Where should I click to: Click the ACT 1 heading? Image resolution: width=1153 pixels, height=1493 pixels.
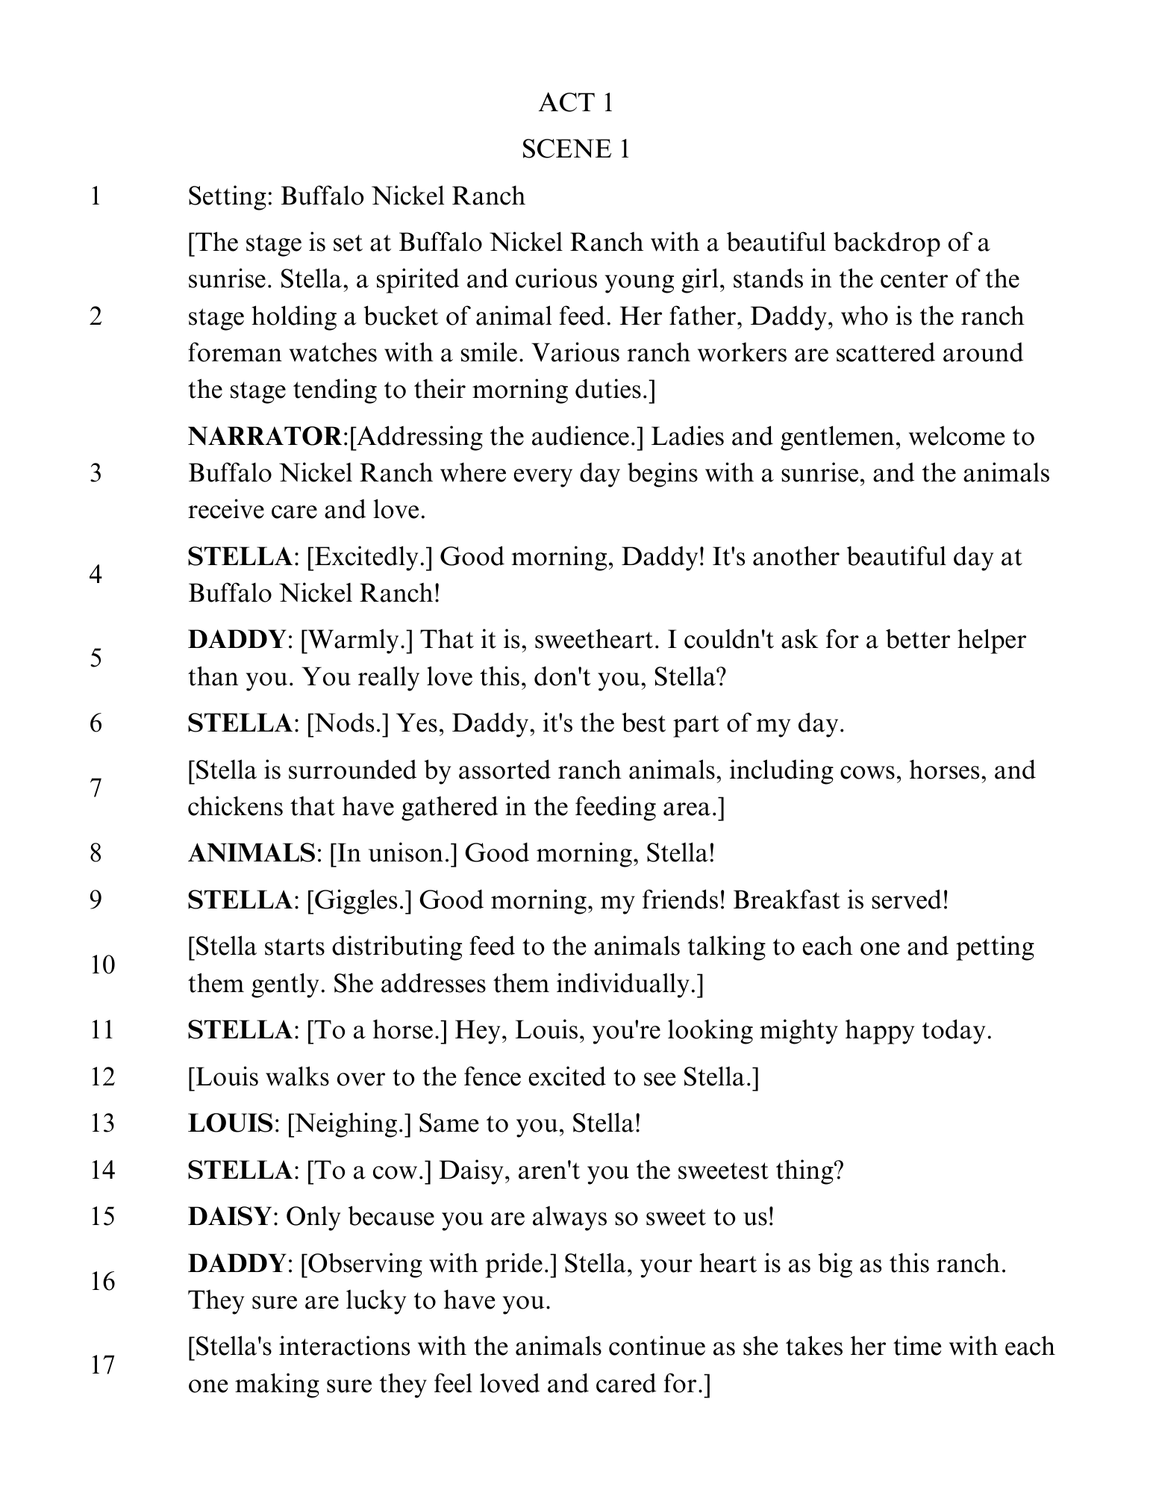click(x=575, y=103)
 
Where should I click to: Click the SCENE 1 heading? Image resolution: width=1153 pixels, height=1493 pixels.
click(x=575, y=149)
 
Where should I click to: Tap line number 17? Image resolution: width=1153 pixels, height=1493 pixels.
click(x=102, y=1365)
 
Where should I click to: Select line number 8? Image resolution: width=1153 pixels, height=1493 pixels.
click(x=96, y=853)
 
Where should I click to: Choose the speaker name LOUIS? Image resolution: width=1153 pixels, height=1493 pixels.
click(x=230, y=1123)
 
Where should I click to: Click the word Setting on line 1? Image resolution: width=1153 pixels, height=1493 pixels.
click(x=230, y=196)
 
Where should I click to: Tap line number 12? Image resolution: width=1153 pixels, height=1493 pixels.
click(x=102, y=1076)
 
